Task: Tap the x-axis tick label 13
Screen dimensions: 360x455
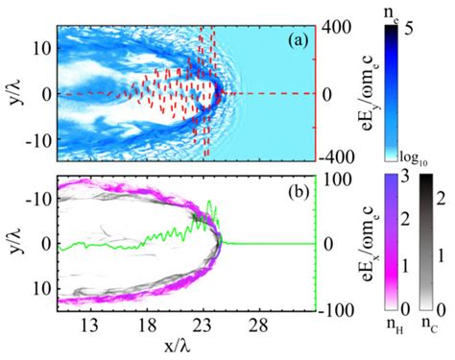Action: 94,324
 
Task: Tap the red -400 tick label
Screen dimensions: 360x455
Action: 336,156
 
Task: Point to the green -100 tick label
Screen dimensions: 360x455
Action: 336,309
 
